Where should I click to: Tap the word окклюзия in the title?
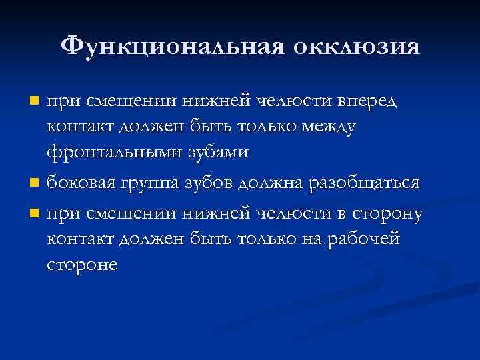pyautogui.click(x=357, y=47)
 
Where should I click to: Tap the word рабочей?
pyautogui.click(x=363, y=239)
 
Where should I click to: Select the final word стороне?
pyautogui.click(x=82, y=264)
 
